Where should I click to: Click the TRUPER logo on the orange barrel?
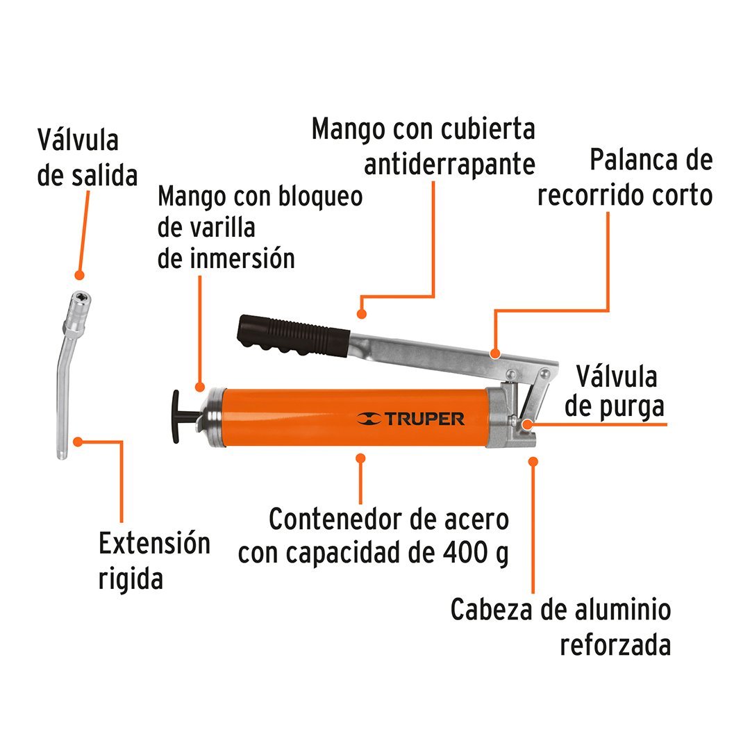411,419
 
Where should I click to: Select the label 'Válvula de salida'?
87,158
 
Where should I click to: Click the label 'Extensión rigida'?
154,560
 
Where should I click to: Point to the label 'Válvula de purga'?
614,392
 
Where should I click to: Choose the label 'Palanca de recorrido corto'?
625,178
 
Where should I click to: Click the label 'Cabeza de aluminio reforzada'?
560,627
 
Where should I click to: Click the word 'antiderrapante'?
450,164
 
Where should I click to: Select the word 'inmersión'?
226,258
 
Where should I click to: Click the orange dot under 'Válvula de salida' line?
79,276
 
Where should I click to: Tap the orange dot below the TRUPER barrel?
360,458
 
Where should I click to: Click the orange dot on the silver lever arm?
494,353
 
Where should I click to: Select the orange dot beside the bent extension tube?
79,441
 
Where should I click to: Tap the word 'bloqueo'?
320,196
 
